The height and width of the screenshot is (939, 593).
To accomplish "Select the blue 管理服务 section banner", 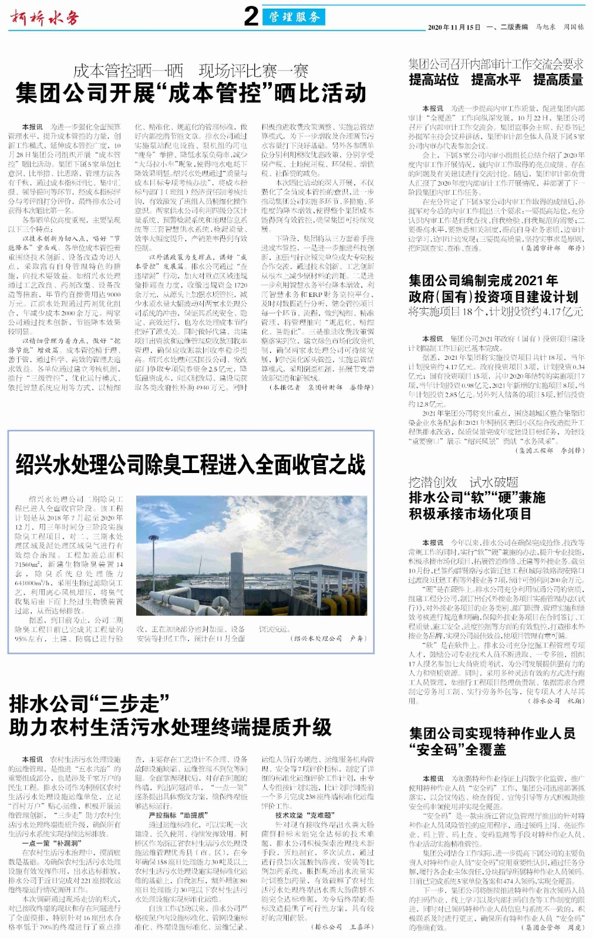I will point(294,17).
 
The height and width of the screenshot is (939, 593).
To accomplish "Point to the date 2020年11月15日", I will point(454,27).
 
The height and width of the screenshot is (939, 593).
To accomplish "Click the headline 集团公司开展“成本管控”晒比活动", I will point(191,93).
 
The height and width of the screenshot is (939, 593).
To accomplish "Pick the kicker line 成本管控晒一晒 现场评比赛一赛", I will point(191,71).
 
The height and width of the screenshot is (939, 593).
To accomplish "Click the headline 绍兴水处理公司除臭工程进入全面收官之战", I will point(191,465).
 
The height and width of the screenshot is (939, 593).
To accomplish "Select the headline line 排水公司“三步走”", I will point(89,703).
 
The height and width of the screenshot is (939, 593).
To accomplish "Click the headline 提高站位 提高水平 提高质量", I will point(496,80).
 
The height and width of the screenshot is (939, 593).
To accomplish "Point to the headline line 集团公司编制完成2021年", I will point(483,281).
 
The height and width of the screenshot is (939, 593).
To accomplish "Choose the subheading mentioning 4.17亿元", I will point(496,311).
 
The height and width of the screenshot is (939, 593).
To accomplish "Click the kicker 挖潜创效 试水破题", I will point(463,482).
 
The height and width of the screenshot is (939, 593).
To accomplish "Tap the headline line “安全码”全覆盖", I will point(457,749).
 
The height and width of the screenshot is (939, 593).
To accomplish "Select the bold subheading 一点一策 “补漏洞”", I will point(50,843).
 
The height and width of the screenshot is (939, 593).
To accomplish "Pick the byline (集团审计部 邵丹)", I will point(552,248).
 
